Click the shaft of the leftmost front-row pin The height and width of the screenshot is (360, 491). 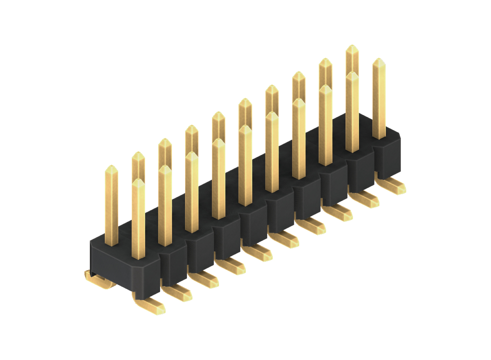click(138, 223)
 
